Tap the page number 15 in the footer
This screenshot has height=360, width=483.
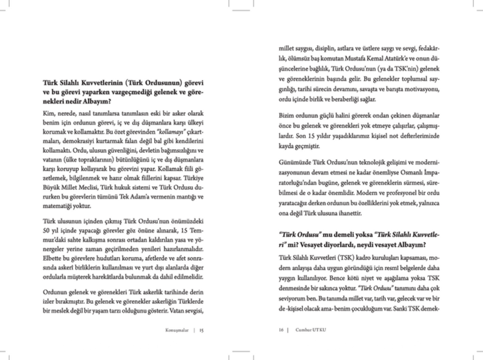pyautogui.click(x=201, y=330)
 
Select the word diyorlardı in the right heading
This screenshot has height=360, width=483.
pyautogui.click(x=377, y=244)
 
